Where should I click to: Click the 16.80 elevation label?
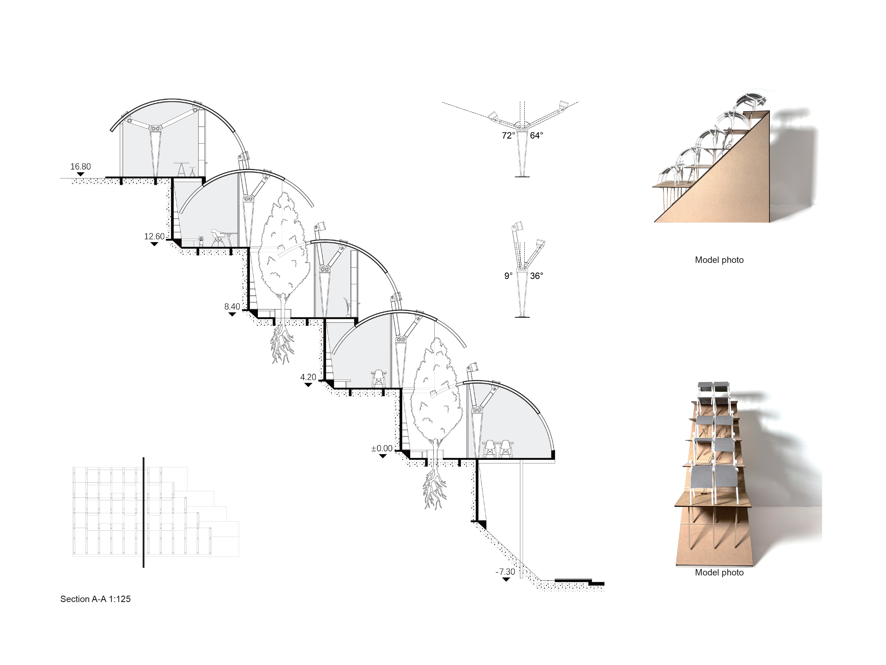coord(80,166)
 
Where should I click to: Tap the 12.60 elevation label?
coord(154,237)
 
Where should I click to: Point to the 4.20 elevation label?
coord(308,377)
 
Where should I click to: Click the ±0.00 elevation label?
coord(382,449)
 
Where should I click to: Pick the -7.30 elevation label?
coord(505,572)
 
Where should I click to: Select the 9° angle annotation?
coord(508,276)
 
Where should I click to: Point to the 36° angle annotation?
coord(536,276)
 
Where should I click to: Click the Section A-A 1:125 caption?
coord(95,599)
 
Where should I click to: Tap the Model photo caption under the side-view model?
coord(719,260)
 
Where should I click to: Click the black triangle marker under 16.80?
coord(80,174)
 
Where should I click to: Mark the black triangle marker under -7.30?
coord(506,579)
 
